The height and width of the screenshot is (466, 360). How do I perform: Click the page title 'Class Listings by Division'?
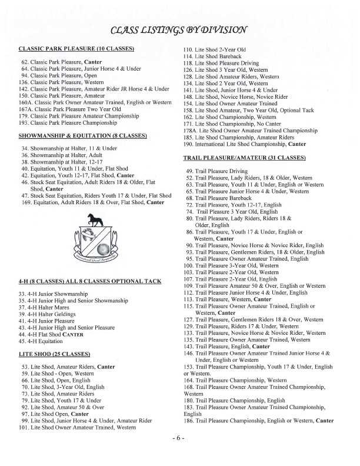click(x=180, y=29)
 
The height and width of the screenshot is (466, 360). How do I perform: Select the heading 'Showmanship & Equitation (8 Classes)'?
click(x=84, y=135)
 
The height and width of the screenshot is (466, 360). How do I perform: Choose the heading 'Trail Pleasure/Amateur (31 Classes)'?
click(x=244, y=159)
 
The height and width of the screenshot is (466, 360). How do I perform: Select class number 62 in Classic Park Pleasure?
click(x=25, y=61)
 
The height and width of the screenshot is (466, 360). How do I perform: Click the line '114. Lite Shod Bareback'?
click(x=219, y=55)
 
